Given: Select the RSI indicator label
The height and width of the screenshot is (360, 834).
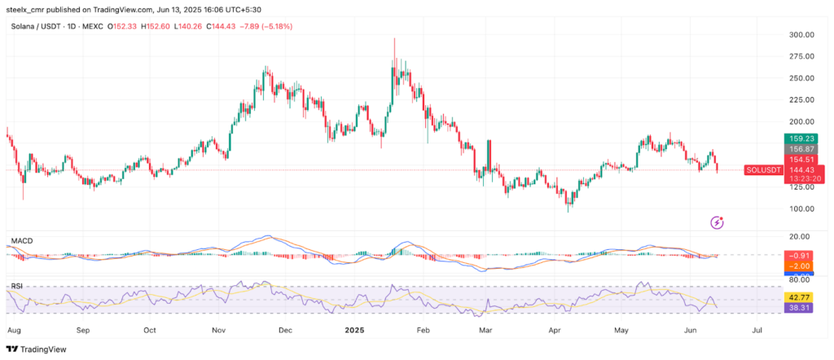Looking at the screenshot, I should [x=17, y=286].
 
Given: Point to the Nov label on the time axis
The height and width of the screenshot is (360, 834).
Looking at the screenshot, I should [x=218, y=331].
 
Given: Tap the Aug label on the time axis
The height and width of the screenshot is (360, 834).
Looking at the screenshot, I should [x=14, y=331].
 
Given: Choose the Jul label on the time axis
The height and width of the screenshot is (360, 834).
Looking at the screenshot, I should [x=757, y=331].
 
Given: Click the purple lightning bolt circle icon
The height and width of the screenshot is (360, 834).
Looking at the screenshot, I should [x=718, y=222].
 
